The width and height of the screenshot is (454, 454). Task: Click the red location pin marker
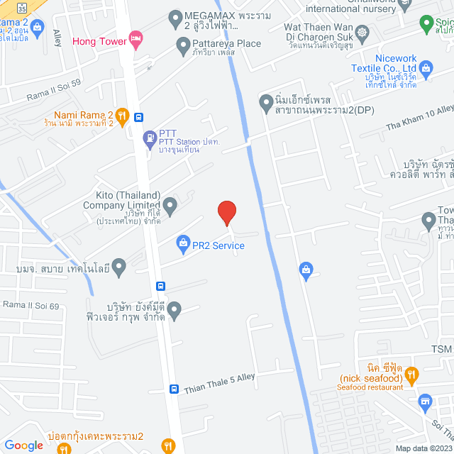226,212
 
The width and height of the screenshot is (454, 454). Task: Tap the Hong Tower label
99,40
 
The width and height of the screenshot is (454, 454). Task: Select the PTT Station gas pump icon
150,138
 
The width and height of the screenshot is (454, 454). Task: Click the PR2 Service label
218,246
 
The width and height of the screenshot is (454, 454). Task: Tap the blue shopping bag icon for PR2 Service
182,244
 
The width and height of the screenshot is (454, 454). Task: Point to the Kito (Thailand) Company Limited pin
170,206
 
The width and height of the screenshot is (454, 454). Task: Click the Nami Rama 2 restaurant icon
122,116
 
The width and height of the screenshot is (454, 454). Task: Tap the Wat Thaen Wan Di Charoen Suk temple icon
362,32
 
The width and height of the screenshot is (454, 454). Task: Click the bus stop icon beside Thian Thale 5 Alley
174,389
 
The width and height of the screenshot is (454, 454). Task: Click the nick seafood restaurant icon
416,373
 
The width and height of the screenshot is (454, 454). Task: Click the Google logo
24,445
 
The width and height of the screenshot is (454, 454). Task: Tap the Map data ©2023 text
423,448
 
